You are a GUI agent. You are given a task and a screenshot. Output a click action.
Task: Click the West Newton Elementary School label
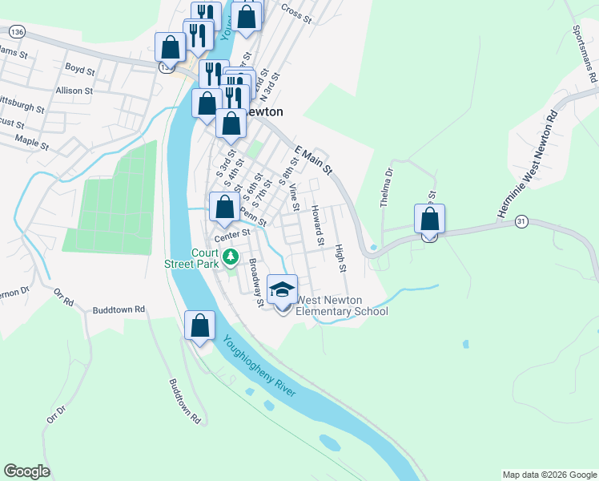342,306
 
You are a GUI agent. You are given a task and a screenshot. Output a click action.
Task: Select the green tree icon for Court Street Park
231,257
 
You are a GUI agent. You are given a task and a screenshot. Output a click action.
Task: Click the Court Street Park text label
191,257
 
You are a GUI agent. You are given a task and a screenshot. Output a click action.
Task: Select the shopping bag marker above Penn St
225,208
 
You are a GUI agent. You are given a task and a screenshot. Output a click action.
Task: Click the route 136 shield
16,30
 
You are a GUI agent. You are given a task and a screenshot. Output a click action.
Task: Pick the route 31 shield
521,220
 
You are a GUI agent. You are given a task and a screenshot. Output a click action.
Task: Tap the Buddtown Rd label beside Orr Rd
119,309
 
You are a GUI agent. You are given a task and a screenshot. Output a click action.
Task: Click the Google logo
26,471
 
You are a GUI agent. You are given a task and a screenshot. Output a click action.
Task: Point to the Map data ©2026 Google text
549,475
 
